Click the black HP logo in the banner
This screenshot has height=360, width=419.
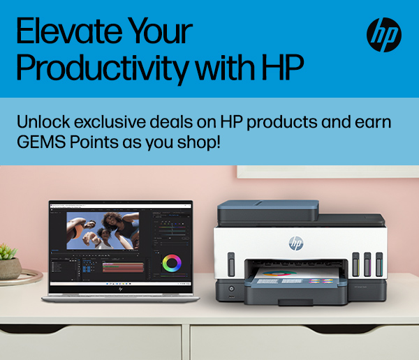click(x=383, y=35)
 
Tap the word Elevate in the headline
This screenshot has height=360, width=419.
click(x=69, y=31)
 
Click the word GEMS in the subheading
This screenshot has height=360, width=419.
click(x=41, y=142)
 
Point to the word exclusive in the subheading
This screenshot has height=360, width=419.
click(x=110, y=122)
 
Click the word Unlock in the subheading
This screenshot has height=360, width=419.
click(x=43, y=122)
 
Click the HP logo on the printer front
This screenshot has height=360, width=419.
click(x=296, y=243)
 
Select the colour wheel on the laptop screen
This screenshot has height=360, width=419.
click(x=172, y=263)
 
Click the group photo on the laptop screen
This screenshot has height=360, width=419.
click(x=103, y=230)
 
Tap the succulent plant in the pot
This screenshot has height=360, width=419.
click(x=8, y=252)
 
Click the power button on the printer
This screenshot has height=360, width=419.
click(x=231, y=288)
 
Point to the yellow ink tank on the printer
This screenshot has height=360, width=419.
click(x=355, y=264)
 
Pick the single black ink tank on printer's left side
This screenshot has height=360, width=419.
click(x=231, y=264)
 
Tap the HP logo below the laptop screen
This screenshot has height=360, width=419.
click(x=121, y=290)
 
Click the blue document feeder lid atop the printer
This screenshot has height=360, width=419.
click(x=268, y=210)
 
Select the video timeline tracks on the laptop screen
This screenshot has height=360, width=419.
click(x=123, y=267)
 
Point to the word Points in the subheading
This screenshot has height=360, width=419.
click(x=94, y=142)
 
